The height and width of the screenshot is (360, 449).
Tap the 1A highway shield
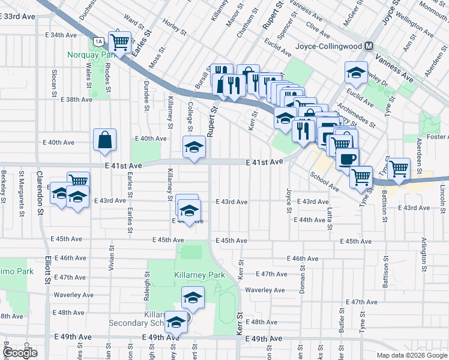click(99, 41)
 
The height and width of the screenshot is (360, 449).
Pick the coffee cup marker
click(348, 160)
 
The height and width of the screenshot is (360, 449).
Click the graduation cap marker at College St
click(194, 147)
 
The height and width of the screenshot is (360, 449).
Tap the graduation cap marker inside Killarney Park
click(193, 297)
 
